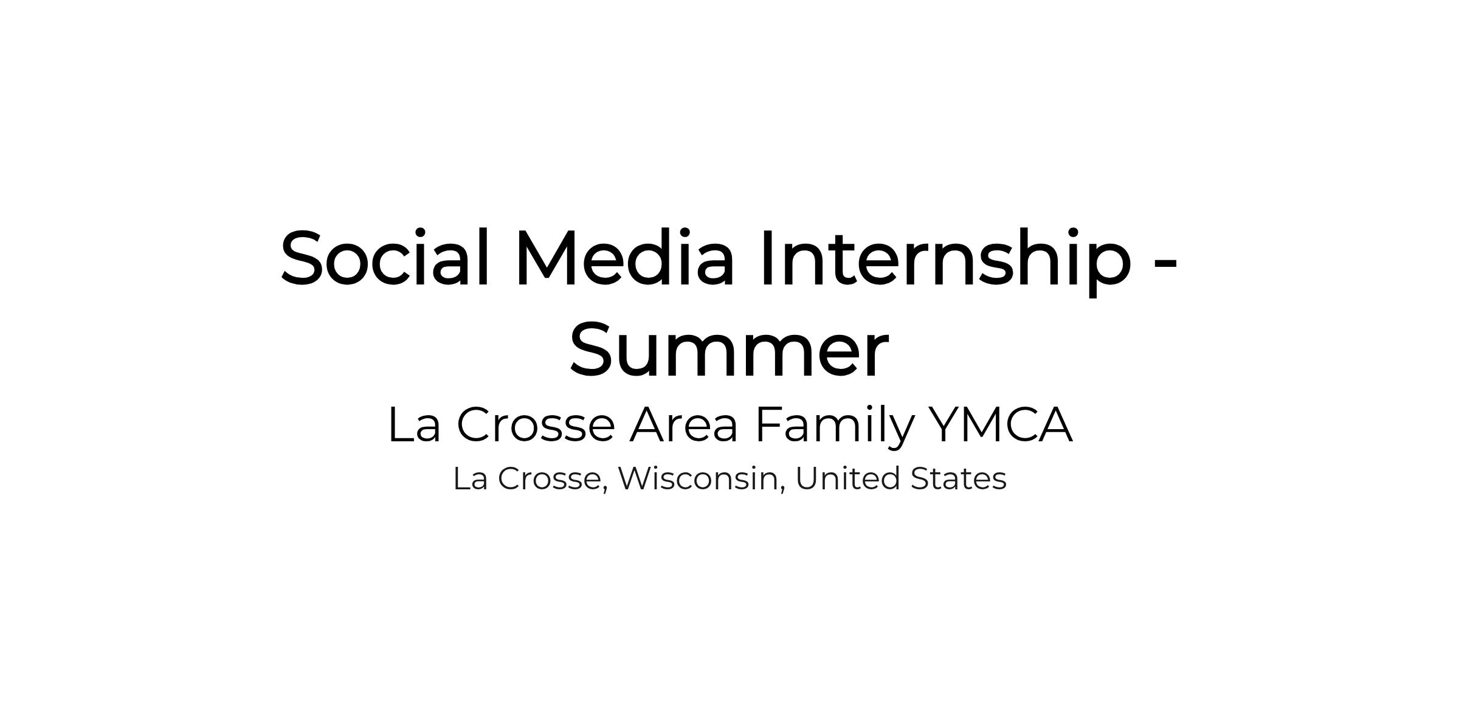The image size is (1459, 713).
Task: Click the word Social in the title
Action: [385, 257]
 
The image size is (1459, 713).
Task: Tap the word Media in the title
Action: [625, 257]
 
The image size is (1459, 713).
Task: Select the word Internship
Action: [946, 261]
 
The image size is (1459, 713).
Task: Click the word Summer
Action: [729, 350]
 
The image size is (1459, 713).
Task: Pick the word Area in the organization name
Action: [684, 424]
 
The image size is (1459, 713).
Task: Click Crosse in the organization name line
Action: [536, 424]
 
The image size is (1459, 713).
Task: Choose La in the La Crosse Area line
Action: [414, 424]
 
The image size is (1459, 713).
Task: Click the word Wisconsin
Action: [698, 478]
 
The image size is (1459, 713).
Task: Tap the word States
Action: [959, 478]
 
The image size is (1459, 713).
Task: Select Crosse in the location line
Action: [550, 478]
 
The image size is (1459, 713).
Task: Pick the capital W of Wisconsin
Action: [639, 478]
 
